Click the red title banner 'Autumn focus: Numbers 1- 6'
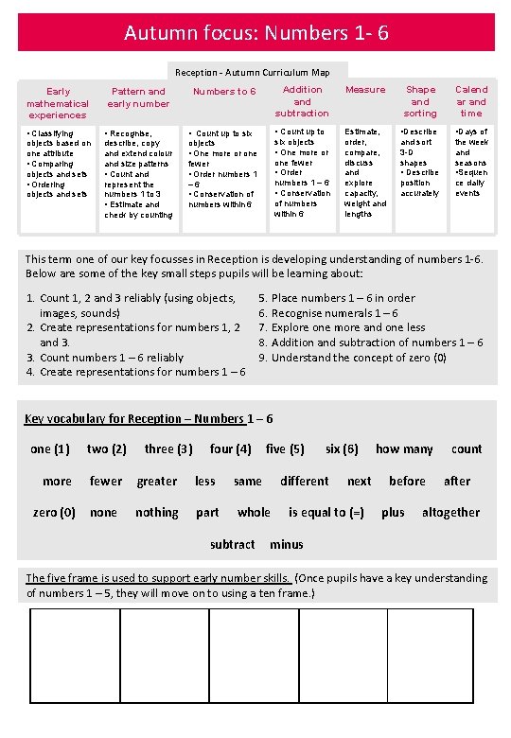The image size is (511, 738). [x=255, y=33]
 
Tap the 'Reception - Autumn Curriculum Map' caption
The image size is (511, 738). [x=252, y=72]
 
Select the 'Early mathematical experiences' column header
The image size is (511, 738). [x=58, y=103]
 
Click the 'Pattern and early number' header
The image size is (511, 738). [x=138, y=97]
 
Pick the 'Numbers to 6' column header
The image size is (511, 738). [x=224, y=92]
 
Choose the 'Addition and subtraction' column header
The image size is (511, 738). [x=302, y=101]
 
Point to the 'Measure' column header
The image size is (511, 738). [x=365, y=90]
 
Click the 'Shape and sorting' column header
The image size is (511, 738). [x=420, y=101]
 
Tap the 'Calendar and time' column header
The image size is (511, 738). [x=471, y=101]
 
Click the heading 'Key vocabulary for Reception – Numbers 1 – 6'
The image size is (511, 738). [x=149, y=419]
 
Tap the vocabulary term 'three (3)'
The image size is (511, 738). [x=168, y=449]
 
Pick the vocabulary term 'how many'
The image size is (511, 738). [x=404, y=449]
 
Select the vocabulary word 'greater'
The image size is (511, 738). [x=157, y=482]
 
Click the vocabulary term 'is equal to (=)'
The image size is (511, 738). [x=326, y=513]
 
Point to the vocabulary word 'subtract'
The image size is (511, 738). [x=232, y=544]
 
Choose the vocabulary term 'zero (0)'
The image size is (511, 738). [x=54, y=513]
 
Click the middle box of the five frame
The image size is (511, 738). [x=253, y=656]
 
